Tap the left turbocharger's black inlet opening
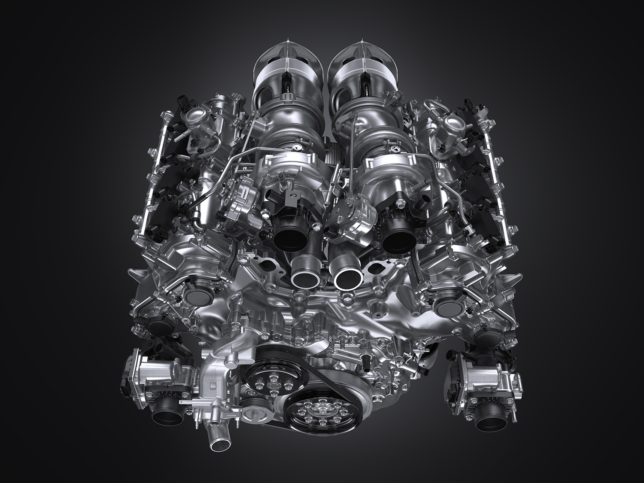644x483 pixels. click(289, 234)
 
